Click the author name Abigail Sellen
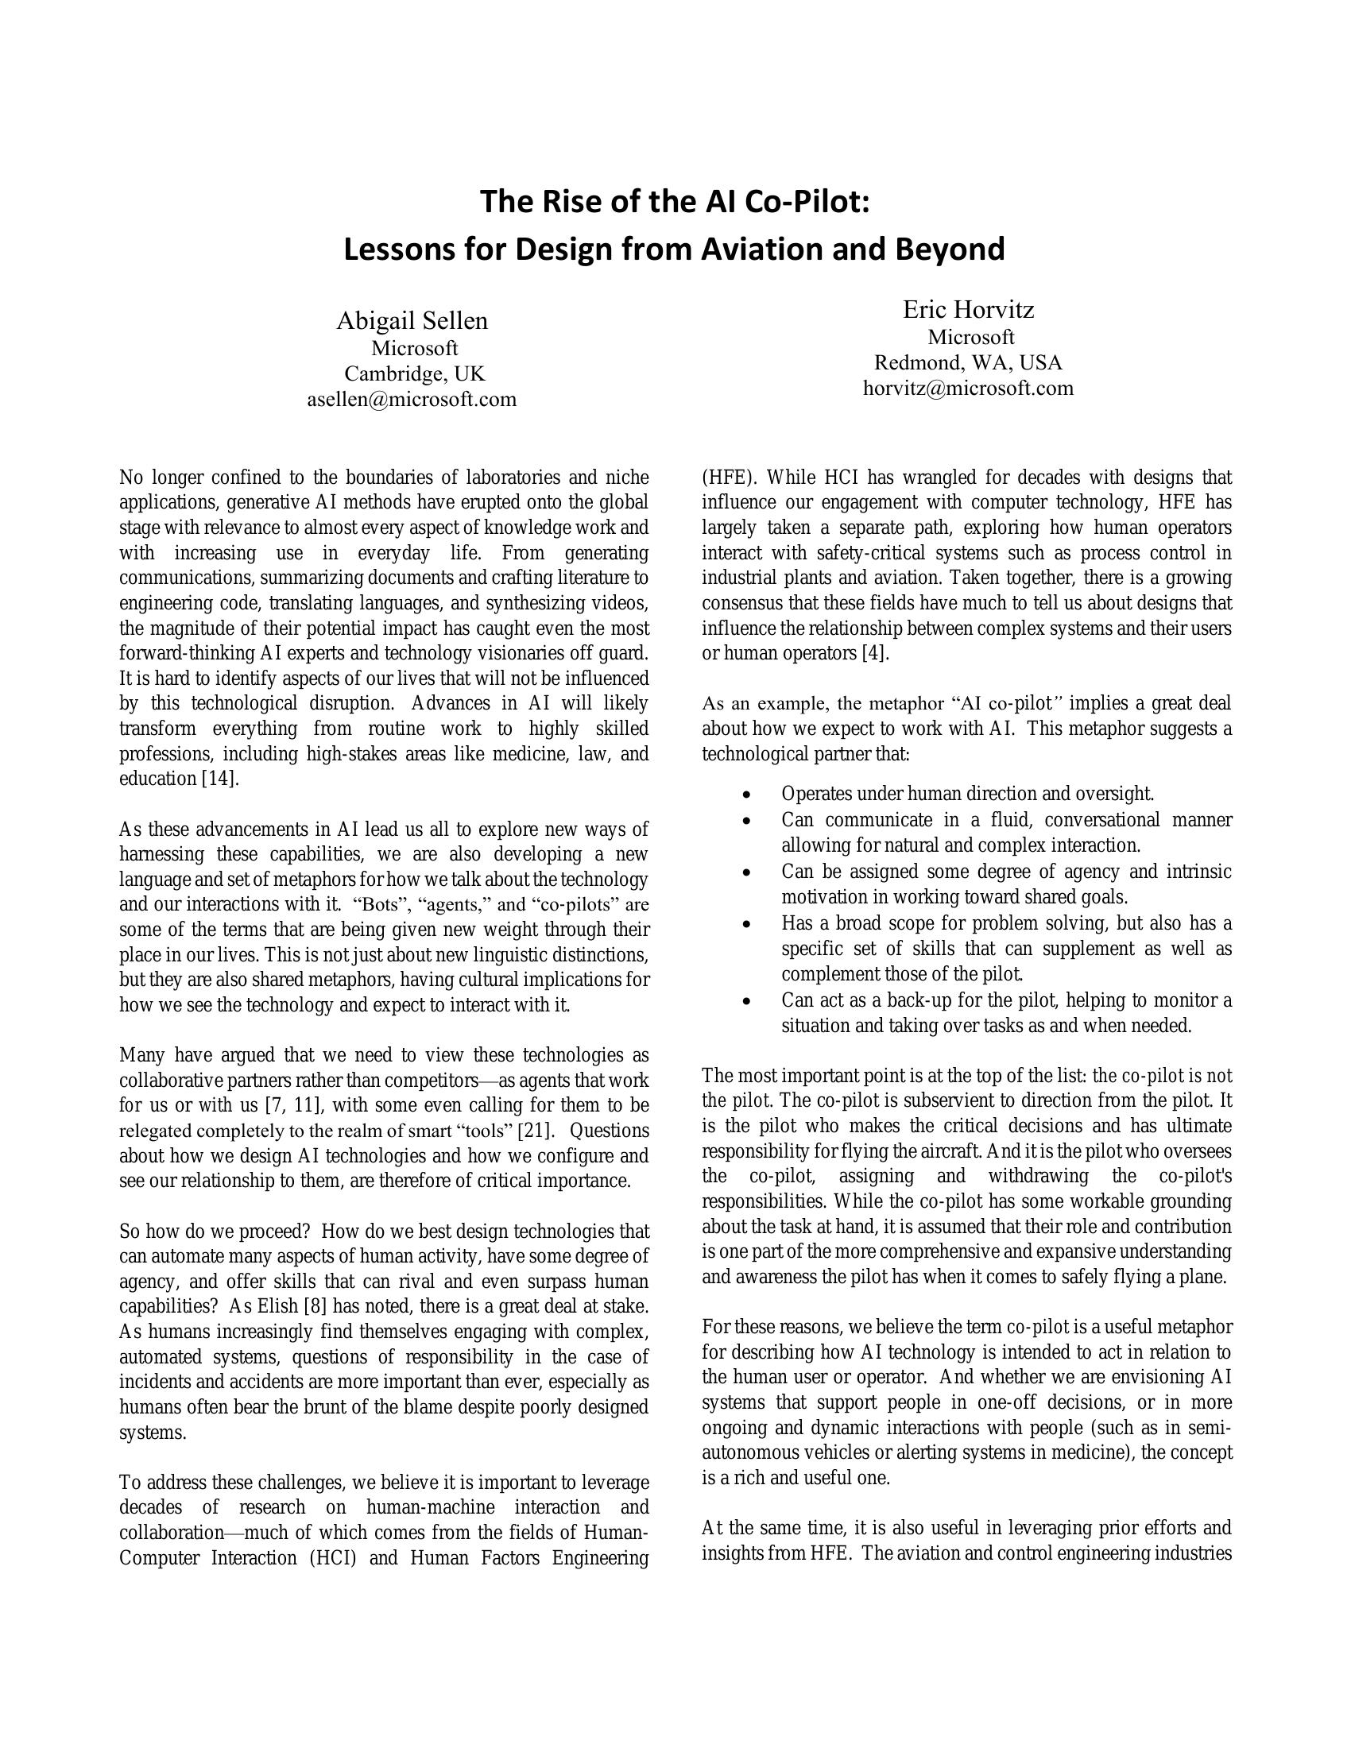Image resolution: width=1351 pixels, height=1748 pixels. coord(412,321)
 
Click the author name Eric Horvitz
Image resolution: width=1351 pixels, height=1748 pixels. coord(969,309)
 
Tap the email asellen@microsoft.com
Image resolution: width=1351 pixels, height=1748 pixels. coord(412,399)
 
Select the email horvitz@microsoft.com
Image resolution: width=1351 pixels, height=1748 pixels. coord(969,389)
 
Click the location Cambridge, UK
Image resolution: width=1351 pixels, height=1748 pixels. coord(415,373)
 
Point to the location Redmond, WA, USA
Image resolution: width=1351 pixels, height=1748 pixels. coord(969,362)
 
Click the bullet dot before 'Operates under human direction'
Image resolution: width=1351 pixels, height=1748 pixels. coord(747,795)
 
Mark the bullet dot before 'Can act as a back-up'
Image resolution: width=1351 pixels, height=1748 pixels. coord(747,1001)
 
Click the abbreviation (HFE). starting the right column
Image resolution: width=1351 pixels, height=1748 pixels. coord(729,478)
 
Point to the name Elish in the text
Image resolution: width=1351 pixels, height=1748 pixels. coord(277,1306)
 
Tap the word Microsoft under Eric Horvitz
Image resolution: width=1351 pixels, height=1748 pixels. coord(971,337)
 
